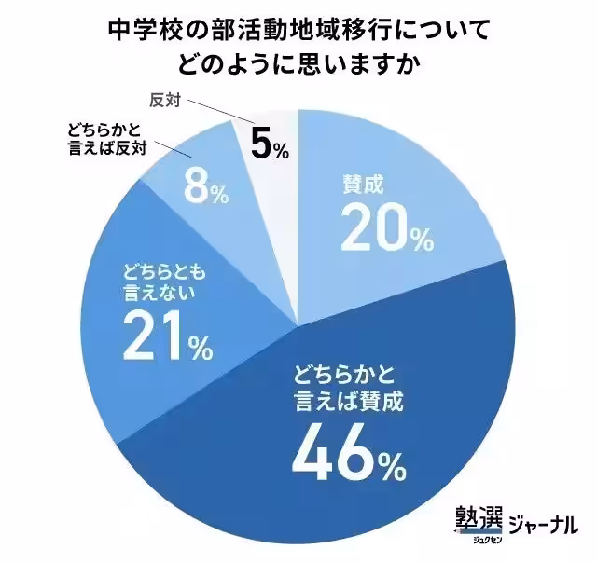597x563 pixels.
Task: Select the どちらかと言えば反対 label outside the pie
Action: pos(105,140)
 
